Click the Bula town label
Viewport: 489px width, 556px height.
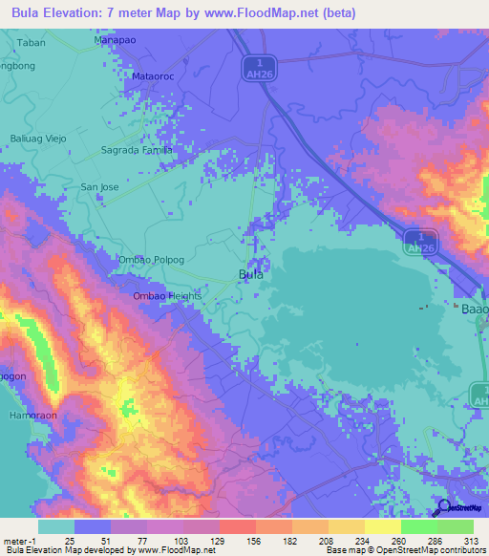click(x=250, y=274)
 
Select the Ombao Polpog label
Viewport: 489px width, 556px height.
click(x=150, y=259)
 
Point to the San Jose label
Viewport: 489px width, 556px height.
click(x=99, y=187)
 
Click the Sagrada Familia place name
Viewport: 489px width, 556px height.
click(x=137, y=151)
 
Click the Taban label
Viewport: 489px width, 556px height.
click(x=32, y=43)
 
